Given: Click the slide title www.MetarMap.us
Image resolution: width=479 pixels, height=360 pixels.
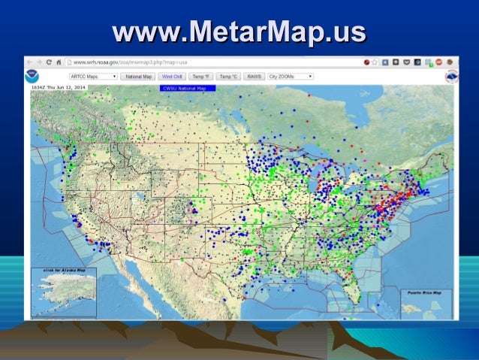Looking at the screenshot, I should [x=239, y=32].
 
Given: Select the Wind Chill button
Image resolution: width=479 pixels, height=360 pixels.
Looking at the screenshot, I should [x=173, y=77].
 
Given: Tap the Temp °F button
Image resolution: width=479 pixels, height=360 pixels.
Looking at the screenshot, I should [x=201, y=77].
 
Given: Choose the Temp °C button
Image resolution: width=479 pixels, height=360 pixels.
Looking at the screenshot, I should [x=227, y=77].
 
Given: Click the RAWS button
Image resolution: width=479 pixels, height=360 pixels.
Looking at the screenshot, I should [x=253, y=77].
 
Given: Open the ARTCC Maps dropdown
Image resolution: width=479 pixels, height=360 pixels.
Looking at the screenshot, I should [x=92, y=77].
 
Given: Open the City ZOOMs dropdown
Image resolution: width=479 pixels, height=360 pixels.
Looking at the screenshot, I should [x=291, y=77].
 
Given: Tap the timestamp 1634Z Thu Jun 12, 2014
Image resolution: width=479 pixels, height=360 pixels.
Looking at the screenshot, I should [x=58, y=88].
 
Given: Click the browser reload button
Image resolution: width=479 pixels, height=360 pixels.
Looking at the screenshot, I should [x=50, y=62].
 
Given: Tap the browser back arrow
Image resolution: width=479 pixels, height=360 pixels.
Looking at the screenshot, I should [x=31, y=62].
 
